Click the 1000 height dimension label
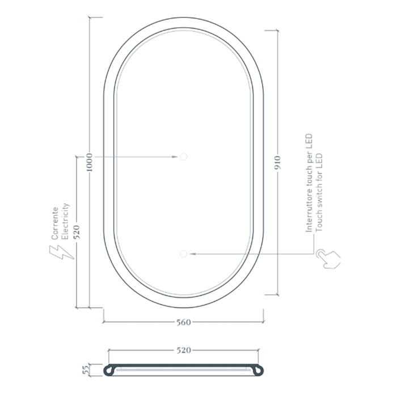[90, 162]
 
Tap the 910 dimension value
[278, 163]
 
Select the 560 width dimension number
[184, 322]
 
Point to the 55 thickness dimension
[86, 370]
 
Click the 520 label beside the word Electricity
[77, 231]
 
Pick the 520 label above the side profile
[184, 350]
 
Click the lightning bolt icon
[61, 252]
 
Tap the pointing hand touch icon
[328, 259]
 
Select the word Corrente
[55, 223]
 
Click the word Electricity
[65, 221]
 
